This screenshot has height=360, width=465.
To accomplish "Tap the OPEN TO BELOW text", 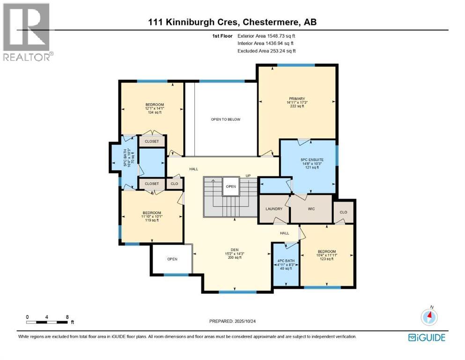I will click(225, 120).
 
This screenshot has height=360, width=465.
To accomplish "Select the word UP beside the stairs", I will click(248, 176).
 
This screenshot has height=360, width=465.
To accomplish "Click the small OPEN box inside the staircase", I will click(231, 186).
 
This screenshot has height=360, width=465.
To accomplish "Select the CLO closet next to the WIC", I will click(343, 212).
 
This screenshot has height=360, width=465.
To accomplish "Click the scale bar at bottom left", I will click(47, 322).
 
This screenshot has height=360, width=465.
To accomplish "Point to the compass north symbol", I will click(428, 317).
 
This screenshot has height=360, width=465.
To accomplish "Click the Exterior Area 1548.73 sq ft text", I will click(266, 35).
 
